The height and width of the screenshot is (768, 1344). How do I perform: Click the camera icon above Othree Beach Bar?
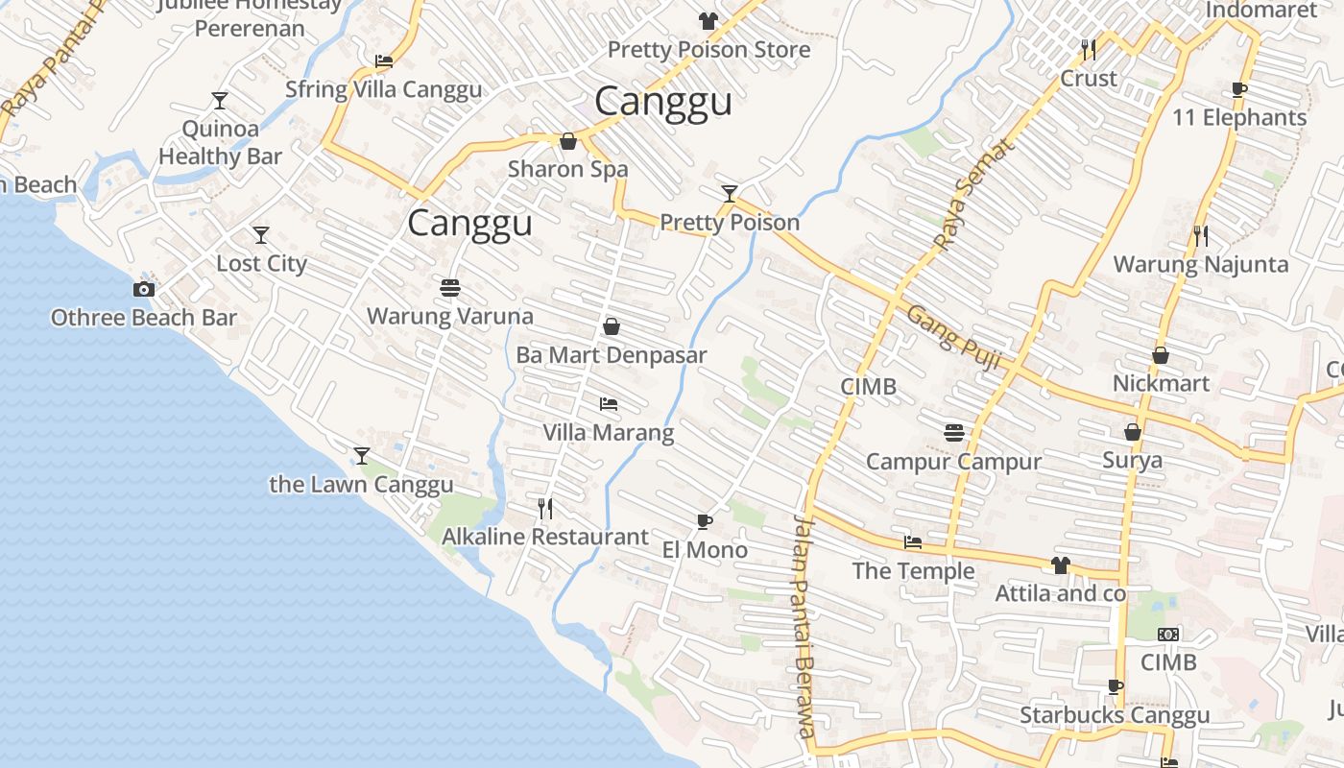(x=143, y=289)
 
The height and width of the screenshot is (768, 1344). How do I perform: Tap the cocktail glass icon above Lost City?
(x=260, y=234)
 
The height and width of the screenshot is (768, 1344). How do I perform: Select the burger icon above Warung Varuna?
(x=449, y=287)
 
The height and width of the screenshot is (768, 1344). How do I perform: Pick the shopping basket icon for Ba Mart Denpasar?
(x=612, y=326)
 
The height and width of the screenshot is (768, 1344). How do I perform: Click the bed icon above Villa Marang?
(x=609, y=404)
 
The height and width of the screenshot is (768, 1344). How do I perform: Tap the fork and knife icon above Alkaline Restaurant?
(x=545, y=508)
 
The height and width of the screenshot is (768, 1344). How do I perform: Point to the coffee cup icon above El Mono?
(x=705, y=521)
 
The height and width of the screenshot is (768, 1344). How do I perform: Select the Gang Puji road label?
(x=953, y=339)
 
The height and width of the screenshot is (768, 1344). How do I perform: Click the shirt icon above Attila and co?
(x=1060, y=565)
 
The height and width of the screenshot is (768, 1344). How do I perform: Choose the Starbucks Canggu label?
(x=1115, y=715)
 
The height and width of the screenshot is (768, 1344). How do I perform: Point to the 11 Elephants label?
(x=1239, y=118)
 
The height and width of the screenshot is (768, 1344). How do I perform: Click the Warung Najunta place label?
(x=1200, y=264)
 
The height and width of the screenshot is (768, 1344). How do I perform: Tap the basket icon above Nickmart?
(x=1161, y=355)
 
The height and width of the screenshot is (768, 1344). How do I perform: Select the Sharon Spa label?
(x=568, y=170)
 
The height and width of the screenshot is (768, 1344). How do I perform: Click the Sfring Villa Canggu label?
(x=384, y=90)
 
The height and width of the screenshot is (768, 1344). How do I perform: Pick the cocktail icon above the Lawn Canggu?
(x=362, y=455)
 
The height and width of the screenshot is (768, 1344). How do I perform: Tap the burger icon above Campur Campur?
(x=953, y=432)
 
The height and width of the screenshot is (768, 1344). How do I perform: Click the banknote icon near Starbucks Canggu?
(x=1168, y=634)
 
